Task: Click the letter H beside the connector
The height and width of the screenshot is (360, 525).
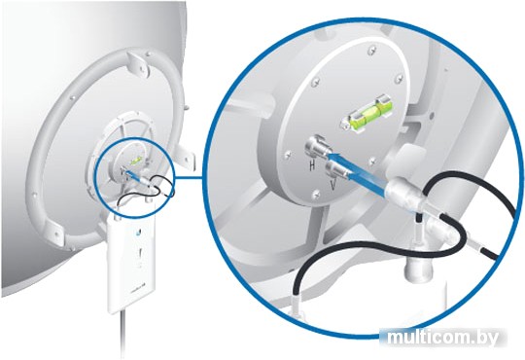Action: coord(312,164)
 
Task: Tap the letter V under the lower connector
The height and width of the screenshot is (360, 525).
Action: coord(332,185)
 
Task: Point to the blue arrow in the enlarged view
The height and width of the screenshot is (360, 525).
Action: coord(357,172)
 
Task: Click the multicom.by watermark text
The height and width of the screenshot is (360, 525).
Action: coord(442,338)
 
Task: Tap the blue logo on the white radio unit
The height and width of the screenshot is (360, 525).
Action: coord(138,233)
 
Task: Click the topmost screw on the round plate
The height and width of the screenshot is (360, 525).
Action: coord(371,52)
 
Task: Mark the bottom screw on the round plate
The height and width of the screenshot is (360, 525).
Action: coord(316,194)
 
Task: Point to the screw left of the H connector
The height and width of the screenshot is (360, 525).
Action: coord(287,155)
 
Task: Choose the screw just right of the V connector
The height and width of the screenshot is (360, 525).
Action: coord(372,162)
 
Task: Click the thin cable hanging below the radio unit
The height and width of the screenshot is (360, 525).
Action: coord(122,336)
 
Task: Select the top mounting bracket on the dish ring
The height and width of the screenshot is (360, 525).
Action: coord(139,63)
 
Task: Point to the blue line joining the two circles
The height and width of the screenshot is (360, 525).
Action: coord(190,177)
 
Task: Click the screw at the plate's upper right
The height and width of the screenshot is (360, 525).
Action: coord(399,79)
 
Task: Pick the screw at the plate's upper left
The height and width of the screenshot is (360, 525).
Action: coord(315,82)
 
